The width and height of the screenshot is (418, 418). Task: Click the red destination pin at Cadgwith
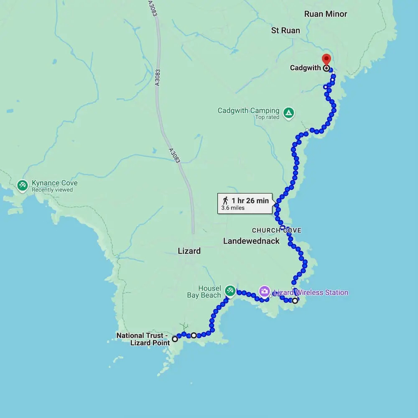[x=326, y=59]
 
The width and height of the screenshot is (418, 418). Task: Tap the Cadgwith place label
[x=306, y=68]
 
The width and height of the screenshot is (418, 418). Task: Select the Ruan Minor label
[x=326, y=14]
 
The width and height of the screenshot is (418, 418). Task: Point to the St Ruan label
[x=285, y=31]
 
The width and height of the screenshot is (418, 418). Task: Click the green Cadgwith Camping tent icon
[x=288, y=112]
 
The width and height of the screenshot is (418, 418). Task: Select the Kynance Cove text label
[x=55, y=183]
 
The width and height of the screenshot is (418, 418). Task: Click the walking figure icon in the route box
[x=226, y=200]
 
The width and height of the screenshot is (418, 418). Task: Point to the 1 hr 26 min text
[x=250, y=201]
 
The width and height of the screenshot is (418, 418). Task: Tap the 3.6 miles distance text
[x=233, y=208]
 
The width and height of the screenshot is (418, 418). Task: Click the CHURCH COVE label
[x=276, y=230]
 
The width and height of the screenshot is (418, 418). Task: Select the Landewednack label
[x=251, y=241]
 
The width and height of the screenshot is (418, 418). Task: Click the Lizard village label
[x=189, y=251]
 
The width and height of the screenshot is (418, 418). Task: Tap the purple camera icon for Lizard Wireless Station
[x=264, y=291]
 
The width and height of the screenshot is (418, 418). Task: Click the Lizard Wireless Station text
[x=311, y=293]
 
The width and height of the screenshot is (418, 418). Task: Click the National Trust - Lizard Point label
[x=143, y=339]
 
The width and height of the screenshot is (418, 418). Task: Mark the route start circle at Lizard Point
[x=175, y=339]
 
